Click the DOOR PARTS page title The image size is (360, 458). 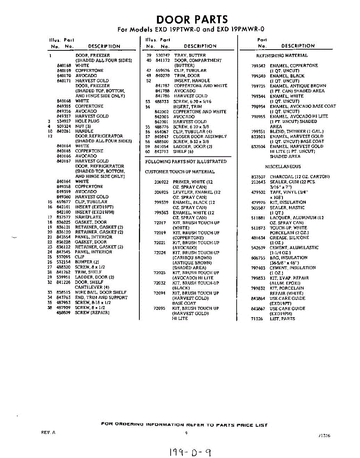(192, 19)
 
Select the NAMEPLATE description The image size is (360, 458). (88, 217)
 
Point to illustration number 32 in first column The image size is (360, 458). (50, 282)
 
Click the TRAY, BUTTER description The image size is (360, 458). (190, 55)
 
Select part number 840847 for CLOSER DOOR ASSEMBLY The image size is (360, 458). (162, 136)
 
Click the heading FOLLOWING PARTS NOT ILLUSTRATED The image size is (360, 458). (186, 161)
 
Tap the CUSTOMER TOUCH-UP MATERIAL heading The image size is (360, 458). (180, 172)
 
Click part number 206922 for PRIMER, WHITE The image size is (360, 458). (161, 182)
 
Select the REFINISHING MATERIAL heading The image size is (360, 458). (282, 55)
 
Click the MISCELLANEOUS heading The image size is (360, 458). (283, 166)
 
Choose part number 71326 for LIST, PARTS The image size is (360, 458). (257, 319)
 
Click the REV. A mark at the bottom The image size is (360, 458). (48, 432)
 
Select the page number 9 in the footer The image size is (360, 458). (186, 433)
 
